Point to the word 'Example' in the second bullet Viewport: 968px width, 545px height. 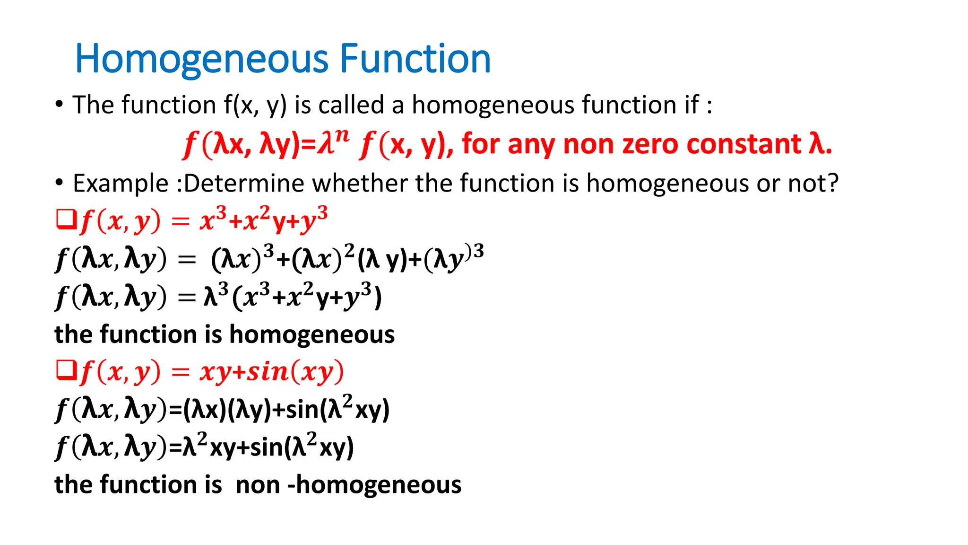pyautogui.click(x=121, y=184)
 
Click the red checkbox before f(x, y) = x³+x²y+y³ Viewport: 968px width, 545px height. pyautogui.click(x=66, y=220)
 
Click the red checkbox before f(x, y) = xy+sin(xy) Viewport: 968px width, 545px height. pyautogui.click(x=66, y=370)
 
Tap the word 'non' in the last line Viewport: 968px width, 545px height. pyautogui.click(x=258, y=485)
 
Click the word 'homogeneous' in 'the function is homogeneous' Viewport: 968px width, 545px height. pyautogui.click(x=312, y=334)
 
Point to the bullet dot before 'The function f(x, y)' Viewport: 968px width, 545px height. pyautogui.click(x=59, y=104)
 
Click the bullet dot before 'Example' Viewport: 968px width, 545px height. pyautogui.click(x=59, y=183)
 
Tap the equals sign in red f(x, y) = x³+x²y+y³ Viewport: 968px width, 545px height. pyautogui.click(x=181, y=221)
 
